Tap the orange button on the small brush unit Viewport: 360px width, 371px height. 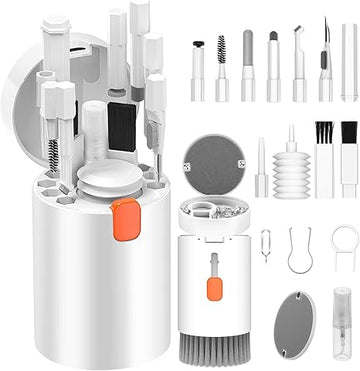213,288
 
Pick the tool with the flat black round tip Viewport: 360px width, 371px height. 198,70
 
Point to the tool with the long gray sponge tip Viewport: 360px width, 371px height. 247,68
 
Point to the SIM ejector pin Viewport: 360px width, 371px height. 265,246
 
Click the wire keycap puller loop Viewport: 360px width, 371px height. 299,250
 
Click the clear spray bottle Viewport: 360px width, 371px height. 341,325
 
